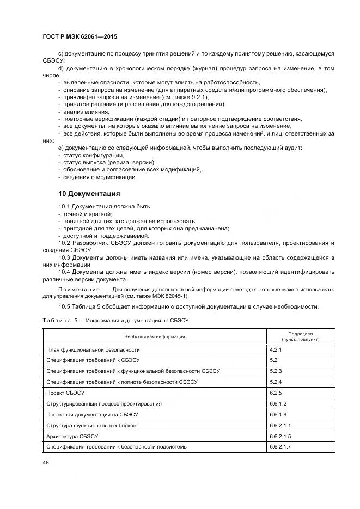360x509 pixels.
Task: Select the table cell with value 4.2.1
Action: coord(276,349)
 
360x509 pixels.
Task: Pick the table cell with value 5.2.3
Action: coord(276,371)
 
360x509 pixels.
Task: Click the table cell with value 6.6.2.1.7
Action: coord(280,446)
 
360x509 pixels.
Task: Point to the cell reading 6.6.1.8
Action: coord(278,414)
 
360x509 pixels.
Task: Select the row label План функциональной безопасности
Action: coord(93,349)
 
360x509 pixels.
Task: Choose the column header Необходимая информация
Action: coord(154,336)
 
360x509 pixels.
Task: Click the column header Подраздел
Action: coord(300,333)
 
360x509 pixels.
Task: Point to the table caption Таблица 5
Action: coord(59,321)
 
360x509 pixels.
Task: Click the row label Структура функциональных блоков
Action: coord(91,425)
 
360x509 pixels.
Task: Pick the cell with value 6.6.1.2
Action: coord(278,403)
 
